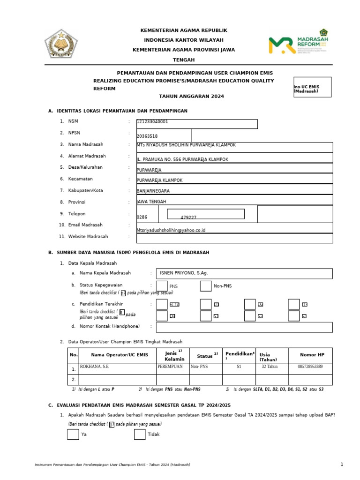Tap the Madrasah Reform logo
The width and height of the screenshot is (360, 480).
298,41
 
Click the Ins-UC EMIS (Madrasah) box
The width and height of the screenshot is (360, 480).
312,87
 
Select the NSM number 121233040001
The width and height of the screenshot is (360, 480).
153,122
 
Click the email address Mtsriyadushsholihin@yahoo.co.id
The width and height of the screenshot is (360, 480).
171,230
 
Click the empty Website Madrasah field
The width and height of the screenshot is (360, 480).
234,238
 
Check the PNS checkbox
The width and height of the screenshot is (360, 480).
162,286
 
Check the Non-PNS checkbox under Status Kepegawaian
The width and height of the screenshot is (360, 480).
206,286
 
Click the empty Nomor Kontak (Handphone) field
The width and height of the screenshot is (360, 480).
244,327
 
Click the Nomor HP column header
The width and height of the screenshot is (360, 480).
312,355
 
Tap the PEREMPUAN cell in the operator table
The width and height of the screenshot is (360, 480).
170,367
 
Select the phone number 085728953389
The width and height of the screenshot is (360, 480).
310,367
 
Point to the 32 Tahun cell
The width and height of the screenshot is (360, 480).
270,367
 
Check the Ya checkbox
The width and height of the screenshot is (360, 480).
73,434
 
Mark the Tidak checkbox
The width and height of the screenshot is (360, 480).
140,434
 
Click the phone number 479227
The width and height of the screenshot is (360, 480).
188,218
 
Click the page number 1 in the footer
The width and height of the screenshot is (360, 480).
342,465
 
